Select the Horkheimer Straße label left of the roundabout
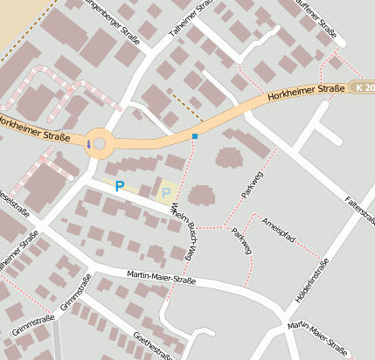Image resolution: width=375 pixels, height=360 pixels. [x=34, y=130]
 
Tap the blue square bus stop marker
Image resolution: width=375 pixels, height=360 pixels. [x=195, y=136]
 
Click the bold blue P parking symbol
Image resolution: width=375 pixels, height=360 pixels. [x=120, y=185]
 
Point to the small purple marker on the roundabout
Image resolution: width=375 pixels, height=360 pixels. [x=87, y=143]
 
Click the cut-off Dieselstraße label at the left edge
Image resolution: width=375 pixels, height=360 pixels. [x=13, y=203]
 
